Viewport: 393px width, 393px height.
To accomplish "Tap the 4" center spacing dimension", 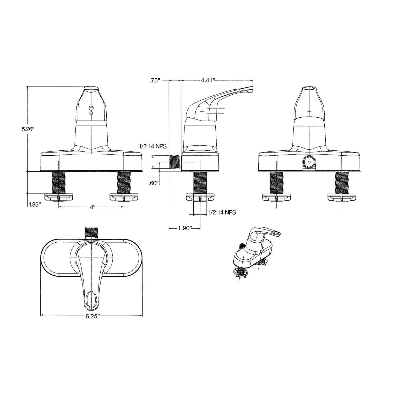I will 92,207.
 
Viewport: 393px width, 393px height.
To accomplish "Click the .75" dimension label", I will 155,81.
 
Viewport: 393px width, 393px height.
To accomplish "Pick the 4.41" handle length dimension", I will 208,80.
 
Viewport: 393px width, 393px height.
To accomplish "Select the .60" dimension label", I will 154,183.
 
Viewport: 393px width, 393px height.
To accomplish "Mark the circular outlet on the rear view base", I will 309,162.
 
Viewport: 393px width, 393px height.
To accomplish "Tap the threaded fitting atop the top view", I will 91,233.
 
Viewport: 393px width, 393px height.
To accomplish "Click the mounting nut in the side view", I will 200,197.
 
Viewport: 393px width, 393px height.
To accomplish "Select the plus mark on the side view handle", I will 202,111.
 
